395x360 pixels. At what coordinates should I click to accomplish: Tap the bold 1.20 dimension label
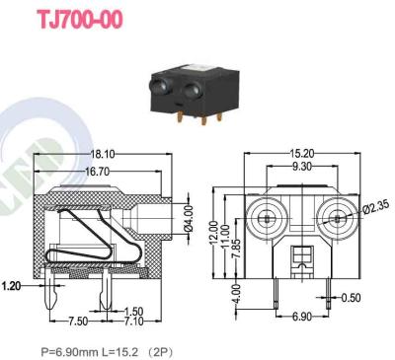(13, 286)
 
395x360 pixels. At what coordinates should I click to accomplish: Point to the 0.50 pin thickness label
(351, 296)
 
